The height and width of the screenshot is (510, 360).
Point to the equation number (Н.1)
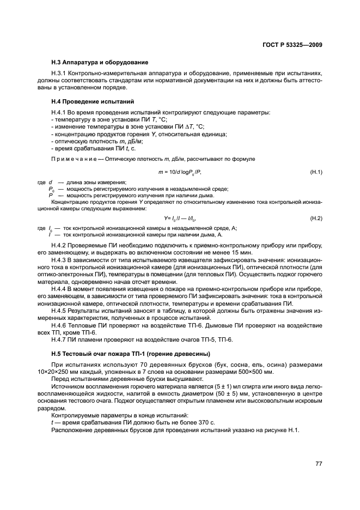point(316,172)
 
